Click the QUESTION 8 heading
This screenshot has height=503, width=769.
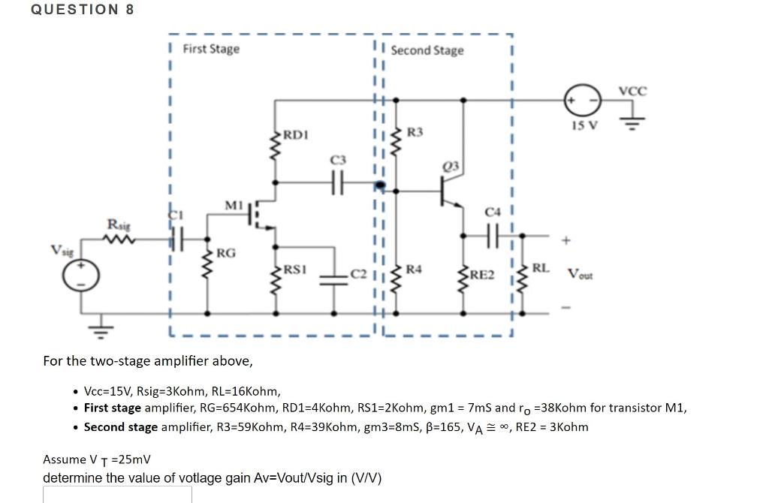[x=83, y=10]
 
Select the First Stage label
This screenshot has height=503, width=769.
[x=211, y=49]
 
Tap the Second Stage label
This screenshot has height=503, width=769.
[x=427, y=50]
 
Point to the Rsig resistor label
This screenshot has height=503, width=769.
[x=119, y=224]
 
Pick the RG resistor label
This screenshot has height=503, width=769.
[x=226, y=253]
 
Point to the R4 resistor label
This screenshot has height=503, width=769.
[x=414, y=268]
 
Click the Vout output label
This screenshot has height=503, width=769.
[x=580, y=275]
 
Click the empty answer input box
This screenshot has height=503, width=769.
[x=117, y=494]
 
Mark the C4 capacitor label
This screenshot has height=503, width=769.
[x=492, y=212]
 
